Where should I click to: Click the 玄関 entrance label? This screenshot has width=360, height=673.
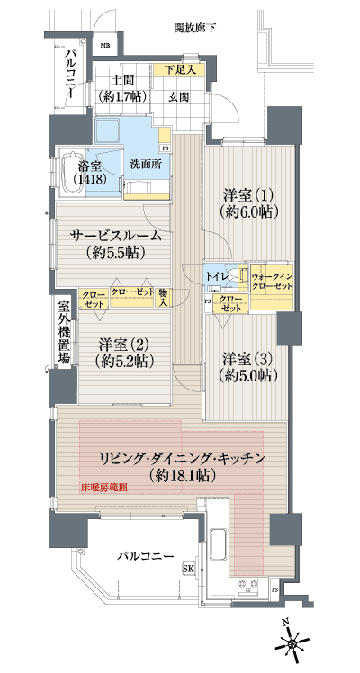[x=175, y=96]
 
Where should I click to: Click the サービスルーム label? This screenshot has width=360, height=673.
[x=118, y=242]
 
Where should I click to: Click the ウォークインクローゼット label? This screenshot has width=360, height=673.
[x=271, y=279]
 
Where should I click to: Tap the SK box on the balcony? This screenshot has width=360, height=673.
[x=189, y=570]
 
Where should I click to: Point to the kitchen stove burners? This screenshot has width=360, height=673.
[x=246, y=588]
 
